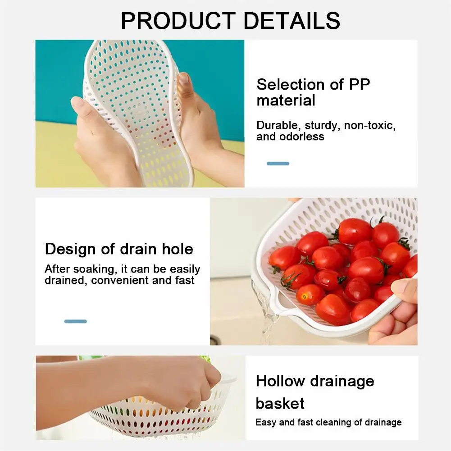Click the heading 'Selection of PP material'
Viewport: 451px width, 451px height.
tap(313, 92)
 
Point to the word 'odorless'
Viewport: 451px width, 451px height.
tap(301, 137)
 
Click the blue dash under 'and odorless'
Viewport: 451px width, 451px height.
tap(278, 164)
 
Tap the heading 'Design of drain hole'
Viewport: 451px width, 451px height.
tap(119, 249)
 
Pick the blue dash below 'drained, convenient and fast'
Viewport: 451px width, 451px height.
tap(75, 321)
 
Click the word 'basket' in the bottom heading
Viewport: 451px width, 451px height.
tap(280, 403)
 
